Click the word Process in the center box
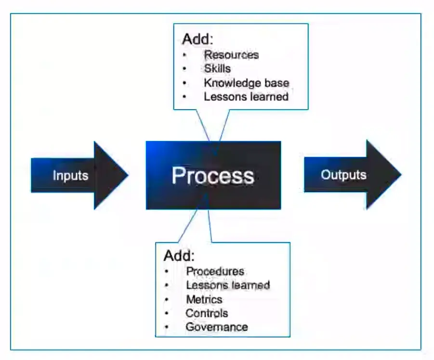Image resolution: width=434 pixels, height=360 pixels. tap(213, 176)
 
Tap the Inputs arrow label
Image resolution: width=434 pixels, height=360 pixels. tap(70, 175)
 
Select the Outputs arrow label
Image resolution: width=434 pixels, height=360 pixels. tap(343, 175)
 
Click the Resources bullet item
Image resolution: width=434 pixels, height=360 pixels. tap(231, 54)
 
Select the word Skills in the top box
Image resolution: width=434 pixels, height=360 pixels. tap(217, 68)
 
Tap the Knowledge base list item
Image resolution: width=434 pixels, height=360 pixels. tap(246, 82)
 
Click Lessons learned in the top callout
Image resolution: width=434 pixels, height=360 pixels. tap(246, 96)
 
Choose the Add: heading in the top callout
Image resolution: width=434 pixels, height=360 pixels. tap(197, 39)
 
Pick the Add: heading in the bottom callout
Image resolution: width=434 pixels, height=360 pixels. tap(180, 255)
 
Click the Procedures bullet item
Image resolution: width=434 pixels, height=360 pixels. tap(215, 271)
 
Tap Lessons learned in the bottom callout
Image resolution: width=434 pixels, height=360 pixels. tap(228, 285)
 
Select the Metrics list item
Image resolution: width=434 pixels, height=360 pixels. tap(204, 299)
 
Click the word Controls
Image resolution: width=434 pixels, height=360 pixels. tap(207, 313)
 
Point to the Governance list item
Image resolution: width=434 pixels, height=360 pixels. tap(217, 327)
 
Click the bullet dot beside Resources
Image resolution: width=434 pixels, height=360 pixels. tap(184, 54)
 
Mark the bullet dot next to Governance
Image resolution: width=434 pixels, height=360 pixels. tap(166, 327)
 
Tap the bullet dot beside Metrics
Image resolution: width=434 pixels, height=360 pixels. tap(166, 299)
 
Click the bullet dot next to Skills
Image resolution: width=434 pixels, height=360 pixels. tap(184, 68)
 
